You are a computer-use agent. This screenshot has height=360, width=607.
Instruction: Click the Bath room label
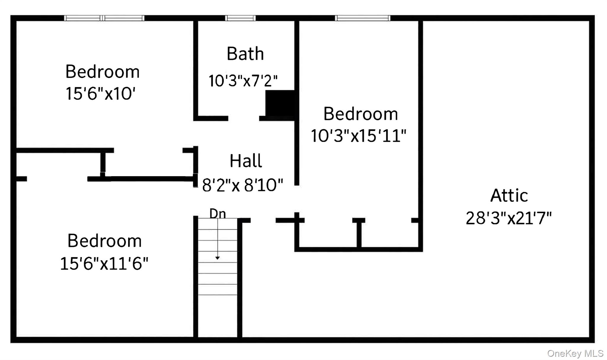[245, 54]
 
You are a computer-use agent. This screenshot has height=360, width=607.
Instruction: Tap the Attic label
[509, 196]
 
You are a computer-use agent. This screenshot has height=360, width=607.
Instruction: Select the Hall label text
[246, 161]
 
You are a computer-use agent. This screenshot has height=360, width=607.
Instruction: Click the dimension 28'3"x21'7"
[509, 219]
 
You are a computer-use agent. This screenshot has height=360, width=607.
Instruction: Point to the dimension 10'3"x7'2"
[243, 81]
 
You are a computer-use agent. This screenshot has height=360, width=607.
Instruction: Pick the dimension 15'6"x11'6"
[104, 264]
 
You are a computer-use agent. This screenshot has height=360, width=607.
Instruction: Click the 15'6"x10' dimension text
[100, 94]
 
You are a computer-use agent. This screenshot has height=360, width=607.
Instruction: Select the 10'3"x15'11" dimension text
[358, 136]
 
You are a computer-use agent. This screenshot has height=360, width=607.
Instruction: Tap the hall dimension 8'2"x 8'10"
[242, 185]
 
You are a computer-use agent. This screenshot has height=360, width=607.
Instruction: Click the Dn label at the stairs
[218, 214]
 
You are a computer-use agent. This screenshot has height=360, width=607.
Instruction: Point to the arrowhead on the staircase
[218, 258]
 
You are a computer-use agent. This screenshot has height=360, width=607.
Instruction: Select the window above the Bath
[240, 18]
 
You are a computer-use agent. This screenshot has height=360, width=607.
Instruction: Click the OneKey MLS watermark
[575, 353]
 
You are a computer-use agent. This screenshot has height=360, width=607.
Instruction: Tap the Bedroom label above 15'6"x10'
[103, 72]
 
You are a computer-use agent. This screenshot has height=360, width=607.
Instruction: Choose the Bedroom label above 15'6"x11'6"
[105, 241]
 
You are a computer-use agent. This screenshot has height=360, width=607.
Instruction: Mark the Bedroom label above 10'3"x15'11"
[360, 114]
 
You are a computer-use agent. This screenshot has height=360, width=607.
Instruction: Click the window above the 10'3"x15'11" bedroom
[362, 18]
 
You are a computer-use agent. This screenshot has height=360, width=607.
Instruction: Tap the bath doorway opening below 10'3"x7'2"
[244, 118]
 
